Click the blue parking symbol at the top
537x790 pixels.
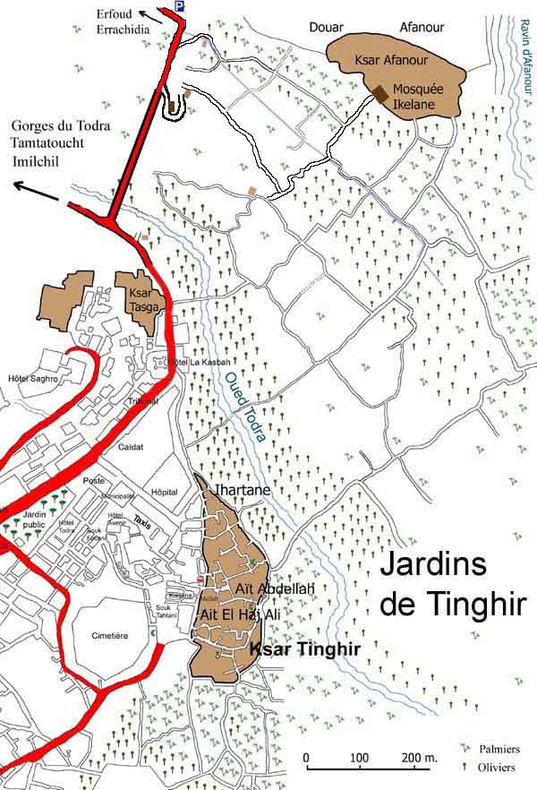(x=180, y=6)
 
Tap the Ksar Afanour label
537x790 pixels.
(x=396, y=60)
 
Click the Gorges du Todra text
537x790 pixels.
(x=62, y=126)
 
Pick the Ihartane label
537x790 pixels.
(x=240, y=490)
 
